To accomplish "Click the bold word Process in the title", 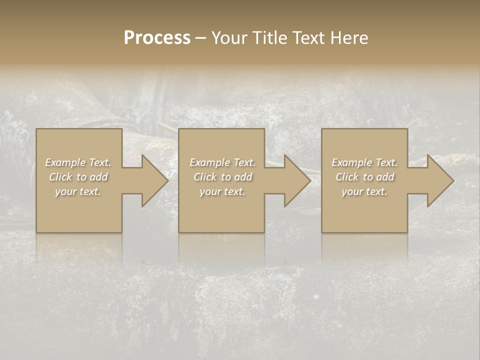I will tap(157, 38).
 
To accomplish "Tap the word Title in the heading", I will tap(268, 38).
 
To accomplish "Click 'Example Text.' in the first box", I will tap(78, 162).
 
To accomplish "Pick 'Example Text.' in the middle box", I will tap(222, 162).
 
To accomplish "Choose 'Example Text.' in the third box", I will tap(364, 162).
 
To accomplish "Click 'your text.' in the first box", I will tap(78, 191).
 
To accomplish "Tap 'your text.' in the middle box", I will tap(222, 191).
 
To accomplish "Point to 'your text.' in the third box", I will tap(364, 191).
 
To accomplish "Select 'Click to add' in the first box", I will tap(78, 177).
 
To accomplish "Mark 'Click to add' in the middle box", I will tap(222, 177).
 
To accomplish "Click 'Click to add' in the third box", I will tap(364, 177).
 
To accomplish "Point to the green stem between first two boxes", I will tap(167, 128).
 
